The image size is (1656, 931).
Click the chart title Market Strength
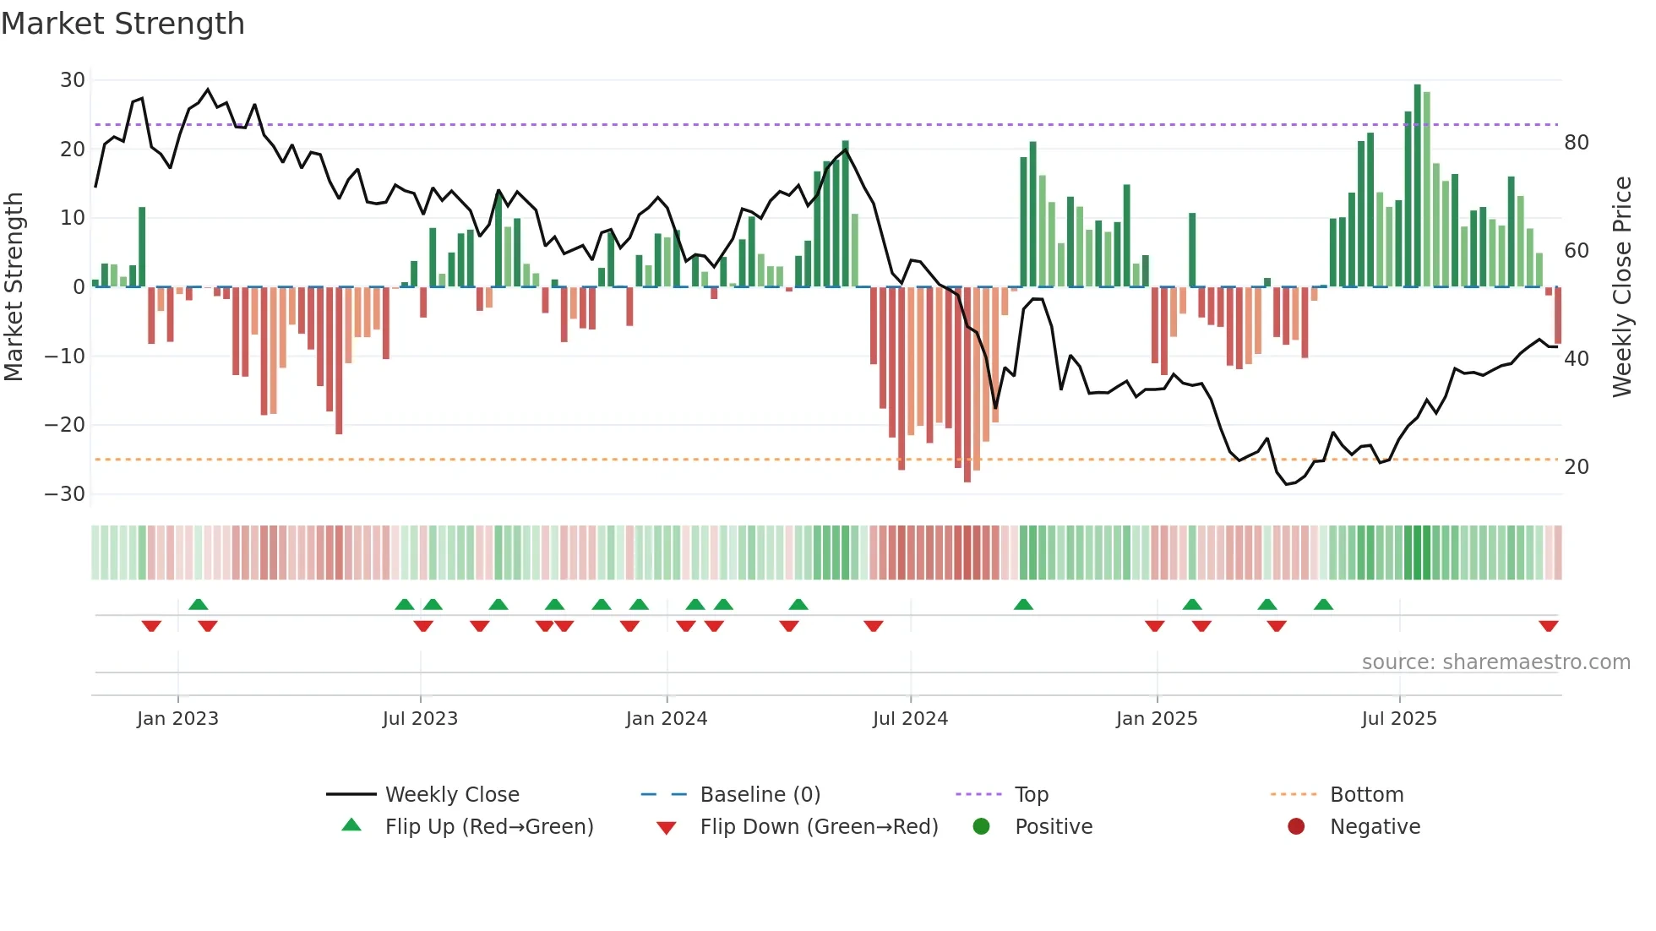point(123,24)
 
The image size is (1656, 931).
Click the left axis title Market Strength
point(14,286)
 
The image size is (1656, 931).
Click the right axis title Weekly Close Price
point(1621,286)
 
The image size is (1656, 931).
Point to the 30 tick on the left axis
point(73,80)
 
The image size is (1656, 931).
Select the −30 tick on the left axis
point(65,493)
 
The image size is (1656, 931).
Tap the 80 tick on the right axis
point(1576,143)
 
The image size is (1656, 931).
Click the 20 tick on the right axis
point(1576,467)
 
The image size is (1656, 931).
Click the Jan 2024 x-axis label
point(667,719)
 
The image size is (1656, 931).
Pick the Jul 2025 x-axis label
point(1399,719)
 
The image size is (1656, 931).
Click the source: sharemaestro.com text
point(1495,662)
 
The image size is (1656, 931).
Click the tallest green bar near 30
point(1418,186)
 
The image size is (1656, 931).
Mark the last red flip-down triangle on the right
point(1549,626)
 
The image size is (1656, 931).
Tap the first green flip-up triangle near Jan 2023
point(199,604)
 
